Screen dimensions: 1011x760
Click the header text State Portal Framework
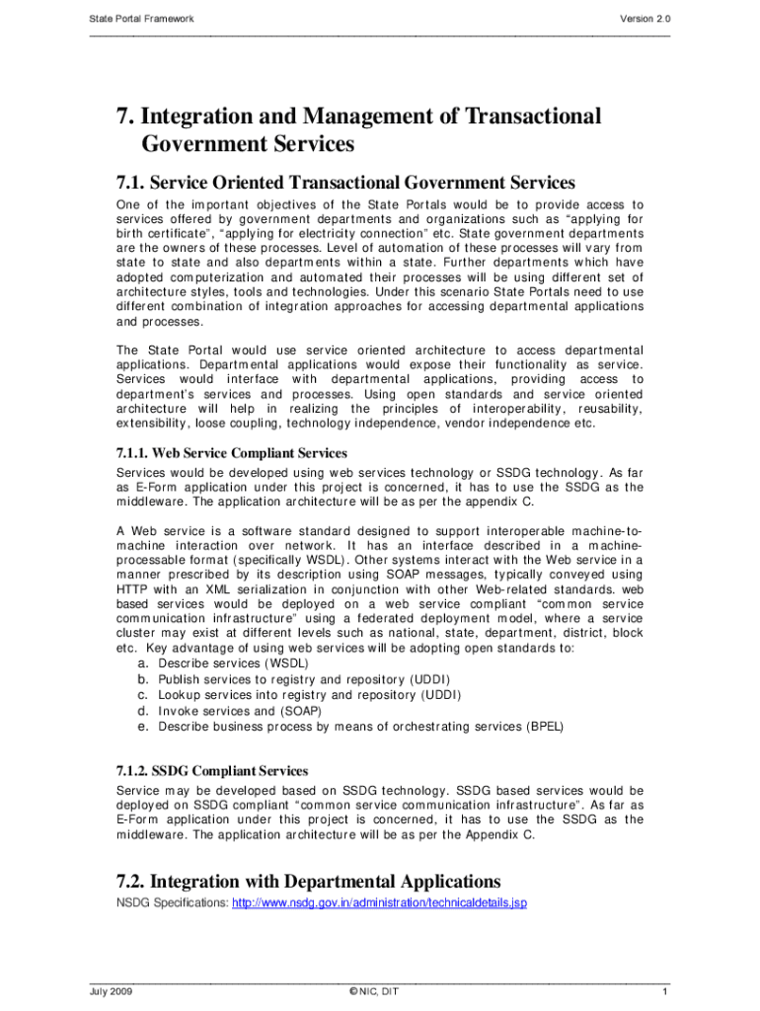click(x=141, y=19)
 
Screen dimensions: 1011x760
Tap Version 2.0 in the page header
click(x=645, y=19)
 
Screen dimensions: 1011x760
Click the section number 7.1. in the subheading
click(x=135, y=182)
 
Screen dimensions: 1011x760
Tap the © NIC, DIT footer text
click(x=379, y=991)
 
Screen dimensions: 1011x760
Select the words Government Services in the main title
click(x=248, y=144)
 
